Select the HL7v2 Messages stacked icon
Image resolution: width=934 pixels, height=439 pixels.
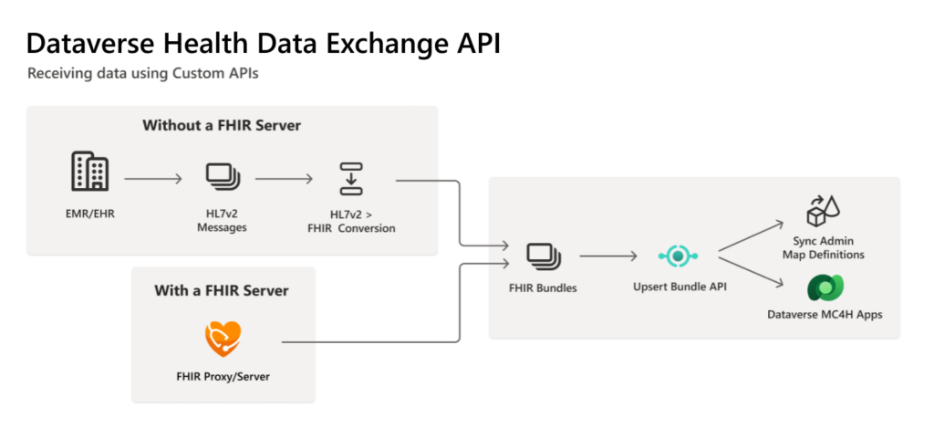pos(222,177)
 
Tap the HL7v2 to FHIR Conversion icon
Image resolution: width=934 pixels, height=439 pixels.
pos(351,177)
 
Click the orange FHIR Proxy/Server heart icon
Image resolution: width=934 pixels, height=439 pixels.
pos(223,338)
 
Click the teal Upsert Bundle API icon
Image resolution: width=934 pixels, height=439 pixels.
pos(676,256)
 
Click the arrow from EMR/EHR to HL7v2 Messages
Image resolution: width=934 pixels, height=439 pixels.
pos(153,179)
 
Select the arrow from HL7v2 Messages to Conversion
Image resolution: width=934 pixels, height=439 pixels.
pos(285,179)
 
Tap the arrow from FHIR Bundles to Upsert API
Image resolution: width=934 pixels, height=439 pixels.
pos(608,256)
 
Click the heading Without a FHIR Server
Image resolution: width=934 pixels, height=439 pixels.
pos(222,125)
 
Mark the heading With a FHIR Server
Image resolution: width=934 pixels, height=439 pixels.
pos(223,291)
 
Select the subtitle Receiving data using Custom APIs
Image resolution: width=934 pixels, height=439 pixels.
pos(142,73)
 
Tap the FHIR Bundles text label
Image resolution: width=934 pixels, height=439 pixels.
pos(543,288)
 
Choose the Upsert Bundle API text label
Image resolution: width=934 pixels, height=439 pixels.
pos(676,287)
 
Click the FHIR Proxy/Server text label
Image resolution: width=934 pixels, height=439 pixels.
pos(223,376)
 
